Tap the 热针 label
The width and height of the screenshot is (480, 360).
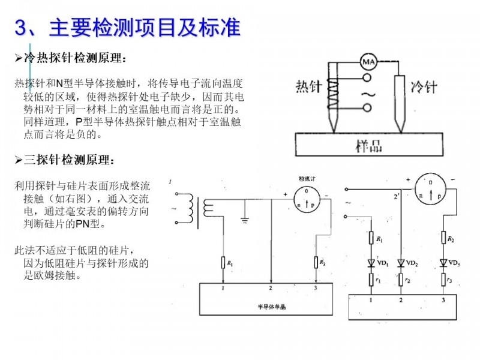click(310, 86)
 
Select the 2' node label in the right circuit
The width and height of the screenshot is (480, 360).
click(395, 196)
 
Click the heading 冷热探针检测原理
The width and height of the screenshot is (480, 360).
click(74, 59)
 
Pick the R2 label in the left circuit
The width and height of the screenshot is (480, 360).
click(322, 263)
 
